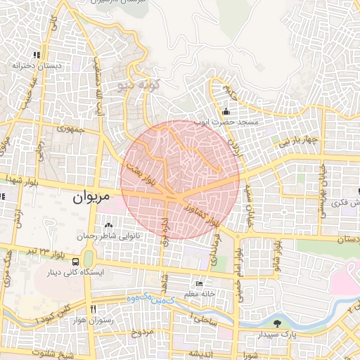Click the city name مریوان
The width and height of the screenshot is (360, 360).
pyautogui.click(x=91, y=198)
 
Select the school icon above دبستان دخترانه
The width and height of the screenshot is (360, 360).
pyautogui.click(x=36, y=54)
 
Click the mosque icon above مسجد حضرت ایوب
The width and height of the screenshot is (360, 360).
pyautogui.click(x=226, y=111)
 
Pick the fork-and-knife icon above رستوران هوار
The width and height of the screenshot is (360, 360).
pyautogui.click(x=92, y=309)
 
